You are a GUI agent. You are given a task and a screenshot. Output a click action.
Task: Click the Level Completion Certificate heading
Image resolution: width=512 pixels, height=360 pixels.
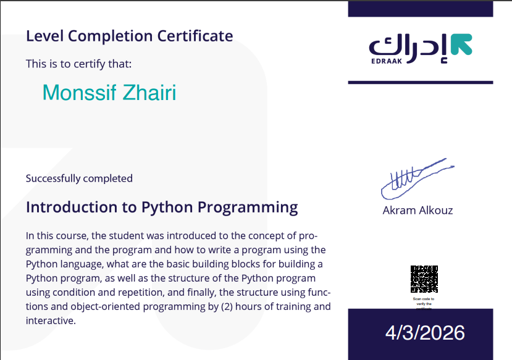[x=129, y=36]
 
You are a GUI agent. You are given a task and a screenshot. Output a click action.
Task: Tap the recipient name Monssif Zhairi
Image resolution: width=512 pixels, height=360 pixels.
[x=109, y=93]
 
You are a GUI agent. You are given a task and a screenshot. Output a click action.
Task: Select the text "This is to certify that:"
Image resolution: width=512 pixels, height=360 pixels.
[x=78, y=64]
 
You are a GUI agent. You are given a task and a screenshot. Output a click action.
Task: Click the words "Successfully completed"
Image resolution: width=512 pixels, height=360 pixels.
[x=79, y=178]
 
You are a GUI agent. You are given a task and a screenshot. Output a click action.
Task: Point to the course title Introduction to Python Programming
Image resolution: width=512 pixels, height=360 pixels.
[x=162, y=207]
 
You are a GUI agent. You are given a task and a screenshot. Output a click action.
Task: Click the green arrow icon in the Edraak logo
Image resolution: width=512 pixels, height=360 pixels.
[x=461, y=44]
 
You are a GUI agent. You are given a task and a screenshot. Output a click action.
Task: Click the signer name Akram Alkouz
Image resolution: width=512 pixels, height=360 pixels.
[x=418, y=211]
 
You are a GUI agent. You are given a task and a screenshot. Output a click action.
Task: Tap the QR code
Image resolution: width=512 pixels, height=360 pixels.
[x=424, y=279]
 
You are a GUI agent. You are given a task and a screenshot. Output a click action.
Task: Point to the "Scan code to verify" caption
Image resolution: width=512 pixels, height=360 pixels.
[x=424, y=301]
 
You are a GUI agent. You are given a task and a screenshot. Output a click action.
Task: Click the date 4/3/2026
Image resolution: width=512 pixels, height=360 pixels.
[x=425, y=333]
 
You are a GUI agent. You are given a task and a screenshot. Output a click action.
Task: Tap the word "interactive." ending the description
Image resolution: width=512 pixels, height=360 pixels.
[x=50, y=321]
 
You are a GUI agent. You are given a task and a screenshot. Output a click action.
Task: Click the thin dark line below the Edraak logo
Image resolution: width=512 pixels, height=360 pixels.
[x=421, y=82]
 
